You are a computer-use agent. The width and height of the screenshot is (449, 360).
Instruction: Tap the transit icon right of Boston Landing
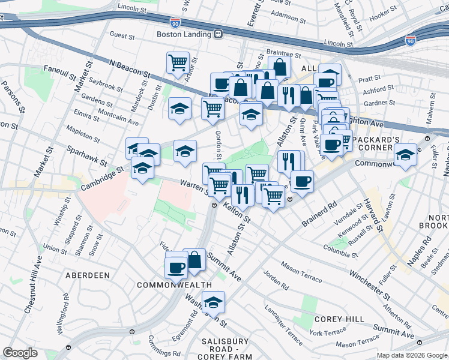219,34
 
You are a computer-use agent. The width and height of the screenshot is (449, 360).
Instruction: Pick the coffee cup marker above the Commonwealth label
176,267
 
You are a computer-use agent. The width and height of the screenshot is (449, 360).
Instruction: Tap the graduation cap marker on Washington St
212,302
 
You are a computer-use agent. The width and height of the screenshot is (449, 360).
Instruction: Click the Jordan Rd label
276,284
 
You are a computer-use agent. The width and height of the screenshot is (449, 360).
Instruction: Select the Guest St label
122,36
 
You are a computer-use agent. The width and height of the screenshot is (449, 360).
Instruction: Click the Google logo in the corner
20,353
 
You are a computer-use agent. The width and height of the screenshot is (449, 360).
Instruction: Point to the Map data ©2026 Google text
412,355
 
